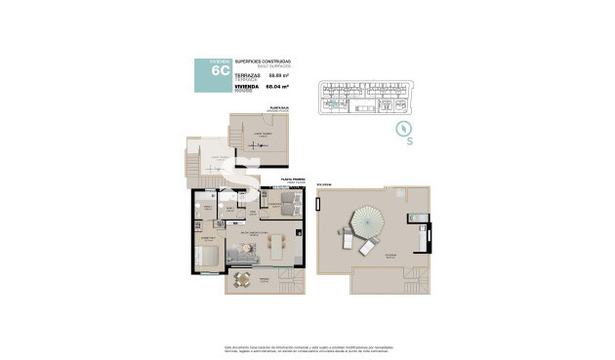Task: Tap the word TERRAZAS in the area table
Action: [248, 75]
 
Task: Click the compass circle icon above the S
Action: [398, 129]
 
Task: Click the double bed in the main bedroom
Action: [207, 256]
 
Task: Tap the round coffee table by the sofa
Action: [249, 249]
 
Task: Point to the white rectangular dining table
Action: [280, 247]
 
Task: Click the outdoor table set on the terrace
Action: [241, 282]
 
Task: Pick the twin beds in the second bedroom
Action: [288, 203]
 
